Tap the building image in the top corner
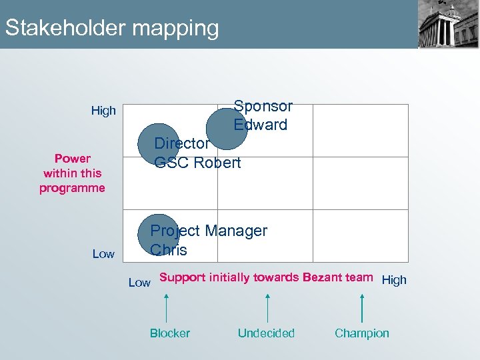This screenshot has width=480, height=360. coord(448,24)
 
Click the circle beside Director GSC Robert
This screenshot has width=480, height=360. coord(158,143)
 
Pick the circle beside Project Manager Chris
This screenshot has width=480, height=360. coord(159,235)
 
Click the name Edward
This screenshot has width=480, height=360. coord(260,125)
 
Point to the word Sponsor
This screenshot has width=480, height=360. coord(263,106)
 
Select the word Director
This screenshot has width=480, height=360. coord(182,143)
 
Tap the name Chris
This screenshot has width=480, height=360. coord(169,251)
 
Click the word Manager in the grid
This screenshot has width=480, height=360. coord(236,231)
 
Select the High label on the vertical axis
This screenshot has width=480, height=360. coord(103,111)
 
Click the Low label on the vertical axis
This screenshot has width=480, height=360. coord(103,254)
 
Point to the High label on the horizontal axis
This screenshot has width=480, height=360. coord(393,280)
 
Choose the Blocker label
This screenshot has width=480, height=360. coord(169,333)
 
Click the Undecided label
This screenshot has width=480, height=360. coord(266,333)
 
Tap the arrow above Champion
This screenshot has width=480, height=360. coord(362,307)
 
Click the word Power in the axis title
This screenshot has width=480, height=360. coord(73,159)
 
